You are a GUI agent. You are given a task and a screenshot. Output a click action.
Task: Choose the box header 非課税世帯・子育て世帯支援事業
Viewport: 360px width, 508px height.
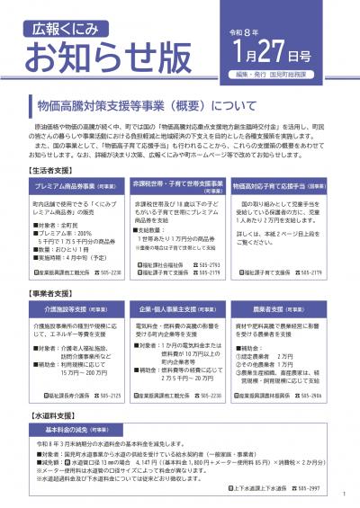click(177, 185)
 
